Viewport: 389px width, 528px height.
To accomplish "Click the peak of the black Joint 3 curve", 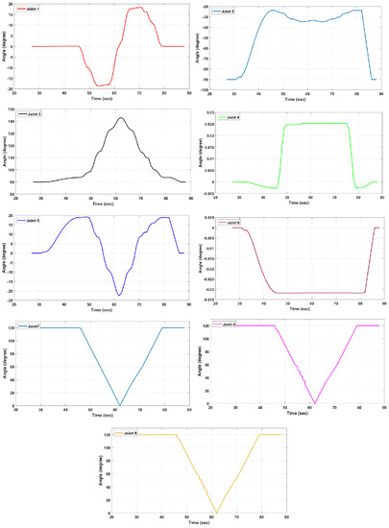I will pyautogui.click(x=121, y=118).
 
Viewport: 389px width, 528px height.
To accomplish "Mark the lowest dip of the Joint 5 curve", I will pyautogui.click(x=119, y=295).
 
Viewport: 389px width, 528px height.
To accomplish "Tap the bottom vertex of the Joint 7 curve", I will pyautogui.click(x=119, y=404).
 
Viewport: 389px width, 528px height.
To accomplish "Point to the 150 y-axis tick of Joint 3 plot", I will pyautogui.click(x=24, y=109).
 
